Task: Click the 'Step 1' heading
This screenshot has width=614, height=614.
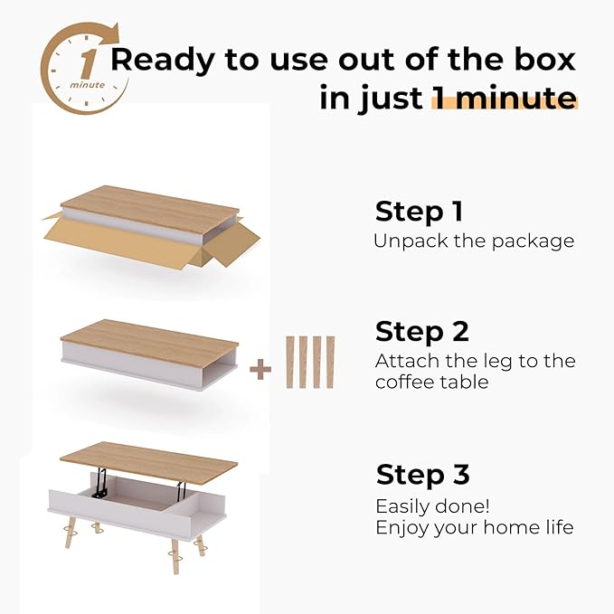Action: tap(419, 212)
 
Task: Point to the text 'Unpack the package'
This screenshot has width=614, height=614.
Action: tap(474, 241)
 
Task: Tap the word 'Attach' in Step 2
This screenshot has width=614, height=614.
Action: tap(405, 361)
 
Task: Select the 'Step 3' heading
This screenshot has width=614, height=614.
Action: tap(422, 475)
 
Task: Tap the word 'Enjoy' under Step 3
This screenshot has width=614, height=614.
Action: tap(403, 527)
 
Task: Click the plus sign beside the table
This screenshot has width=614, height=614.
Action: tap(260, 370)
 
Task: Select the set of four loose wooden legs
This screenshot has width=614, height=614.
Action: tap(309, 362)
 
